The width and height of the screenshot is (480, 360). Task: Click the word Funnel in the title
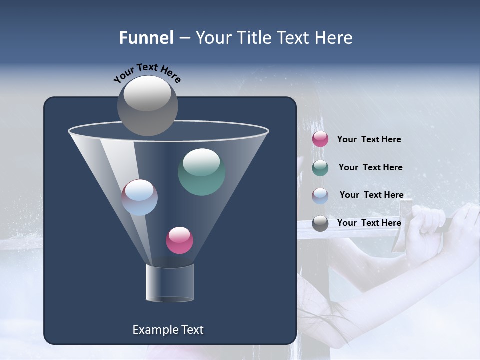click(146, 38)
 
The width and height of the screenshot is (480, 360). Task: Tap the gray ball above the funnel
click(148, 105)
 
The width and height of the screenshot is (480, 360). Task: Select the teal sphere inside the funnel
click(201, 172)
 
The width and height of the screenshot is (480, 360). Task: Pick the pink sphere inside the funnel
click(179, 240)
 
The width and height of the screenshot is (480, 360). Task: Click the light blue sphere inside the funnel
click(140, 197)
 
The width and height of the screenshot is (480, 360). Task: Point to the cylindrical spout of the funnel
click(170, 283)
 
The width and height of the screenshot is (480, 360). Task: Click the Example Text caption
click(168, 330)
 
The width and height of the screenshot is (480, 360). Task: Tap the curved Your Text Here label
click(147, 73)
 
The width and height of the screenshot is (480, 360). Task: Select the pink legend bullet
click(320, 139)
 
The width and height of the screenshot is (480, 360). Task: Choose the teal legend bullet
click(320, 167)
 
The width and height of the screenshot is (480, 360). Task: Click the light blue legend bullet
click(320, 195)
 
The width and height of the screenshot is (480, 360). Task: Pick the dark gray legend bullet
click(320, 223)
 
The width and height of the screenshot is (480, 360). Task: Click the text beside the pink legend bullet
click(369, 140)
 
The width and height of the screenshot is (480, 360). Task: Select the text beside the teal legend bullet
click(370, 168)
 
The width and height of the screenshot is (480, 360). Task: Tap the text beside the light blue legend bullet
click(371, 195)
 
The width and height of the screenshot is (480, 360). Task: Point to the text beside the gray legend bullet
click(369, 223)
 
